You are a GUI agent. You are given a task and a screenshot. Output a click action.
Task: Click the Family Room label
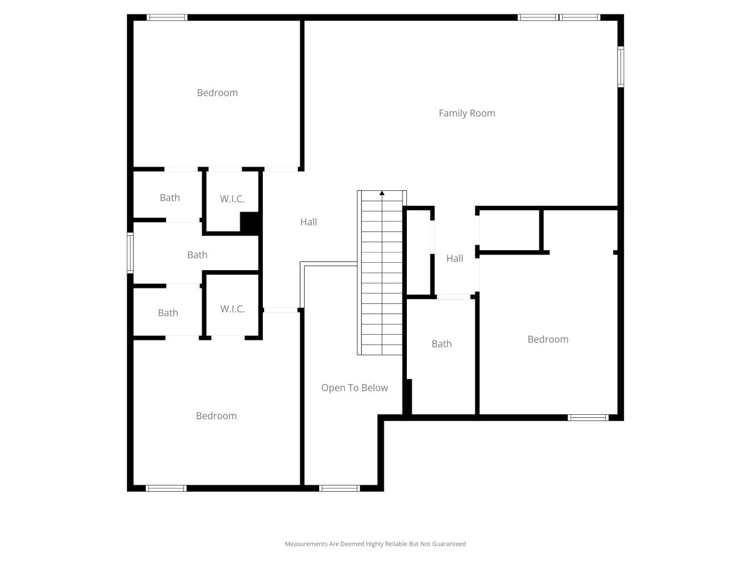point(467,113)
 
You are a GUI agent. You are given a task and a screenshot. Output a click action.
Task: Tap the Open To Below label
point(354,388)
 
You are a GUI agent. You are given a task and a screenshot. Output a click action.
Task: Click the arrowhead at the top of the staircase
point(382,193)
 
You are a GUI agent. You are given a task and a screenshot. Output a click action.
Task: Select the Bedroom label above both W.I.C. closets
point(217,93)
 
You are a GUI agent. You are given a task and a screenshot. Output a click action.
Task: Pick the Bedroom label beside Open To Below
point(217,415)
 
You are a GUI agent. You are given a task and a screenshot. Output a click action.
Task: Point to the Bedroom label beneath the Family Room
point(548,339)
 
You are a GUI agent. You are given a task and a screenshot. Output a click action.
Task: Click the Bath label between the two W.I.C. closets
point(197,255)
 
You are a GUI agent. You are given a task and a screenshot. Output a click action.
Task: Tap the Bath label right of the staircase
point(441,343)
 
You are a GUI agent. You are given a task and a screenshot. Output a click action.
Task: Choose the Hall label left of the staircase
point(309,222)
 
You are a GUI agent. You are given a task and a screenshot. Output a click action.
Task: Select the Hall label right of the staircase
point(455,258)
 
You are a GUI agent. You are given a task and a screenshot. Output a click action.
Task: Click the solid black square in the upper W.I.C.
point(250,223)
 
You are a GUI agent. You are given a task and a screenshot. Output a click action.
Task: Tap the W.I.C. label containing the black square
point(232,198)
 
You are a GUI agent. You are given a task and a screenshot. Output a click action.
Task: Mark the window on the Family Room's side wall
point(621,67)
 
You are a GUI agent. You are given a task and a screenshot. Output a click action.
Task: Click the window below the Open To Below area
point(339,488)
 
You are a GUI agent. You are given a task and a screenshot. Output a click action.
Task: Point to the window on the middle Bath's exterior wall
point(130,253)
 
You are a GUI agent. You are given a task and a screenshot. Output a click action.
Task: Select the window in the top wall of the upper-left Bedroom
point(167,18)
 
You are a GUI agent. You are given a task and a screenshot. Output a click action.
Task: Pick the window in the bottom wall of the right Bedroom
point(588,417)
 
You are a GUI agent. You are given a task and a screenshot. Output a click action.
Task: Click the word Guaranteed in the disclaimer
point(449,544)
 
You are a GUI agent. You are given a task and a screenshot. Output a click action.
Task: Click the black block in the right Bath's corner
point(407,397)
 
